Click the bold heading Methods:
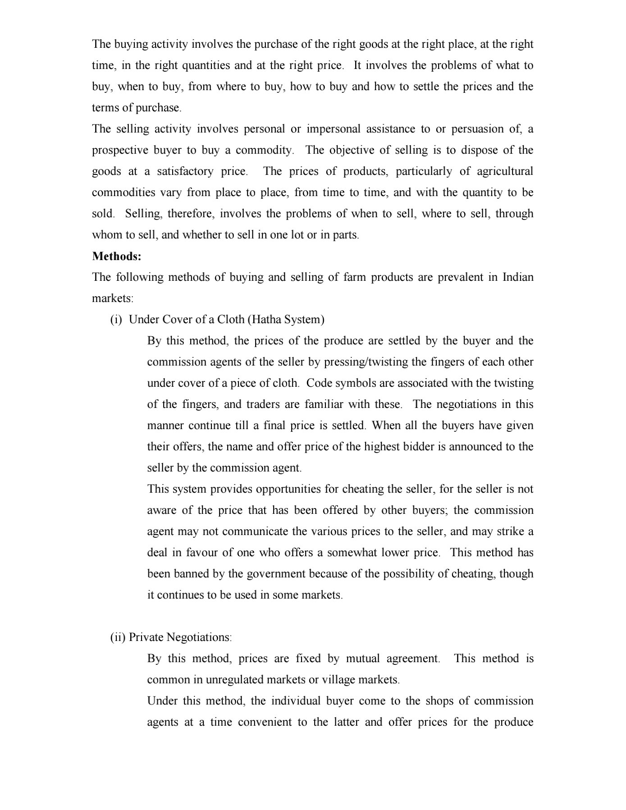tap(117, 256)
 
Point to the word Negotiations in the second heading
tap(199, 637)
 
